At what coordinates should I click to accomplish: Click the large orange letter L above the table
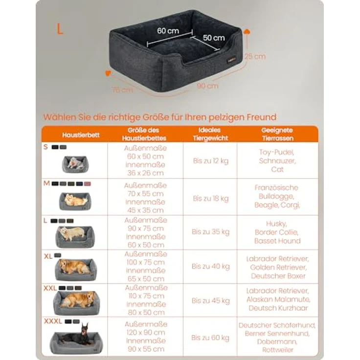[x=60, y=29]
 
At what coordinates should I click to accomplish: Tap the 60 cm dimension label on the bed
[x=168, y=31]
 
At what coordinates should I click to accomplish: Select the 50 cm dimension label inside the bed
[x=214, y=38]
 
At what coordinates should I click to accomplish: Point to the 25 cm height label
[x=255, y=56]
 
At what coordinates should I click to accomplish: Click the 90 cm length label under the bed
[x=207, y=86]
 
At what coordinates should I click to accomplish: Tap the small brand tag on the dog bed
[x=231, y=61]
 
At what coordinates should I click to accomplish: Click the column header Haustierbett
[x=81, y=135]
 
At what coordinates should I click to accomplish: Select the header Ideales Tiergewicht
[x=210, y=134]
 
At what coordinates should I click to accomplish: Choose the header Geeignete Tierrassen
[x=277, y=134]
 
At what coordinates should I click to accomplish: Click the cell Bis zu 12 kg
[x=211, y=161]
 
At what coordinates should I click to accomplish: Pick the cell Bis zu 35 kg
[x=210, y=232]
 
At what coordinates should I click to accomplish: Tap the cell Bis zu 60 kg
[x=210, y=337]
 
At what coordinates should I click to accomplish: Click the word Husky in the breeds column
[x=276, y=224]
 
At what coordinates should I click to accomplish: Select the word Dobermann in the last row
[x=277, y=341]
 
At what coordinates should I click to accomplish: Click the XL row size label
[x=48, y=256]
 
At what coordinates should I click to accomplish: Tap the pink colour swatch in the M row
[x=88, y=184]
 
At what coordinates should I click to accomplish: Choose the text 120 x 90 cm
[x=146, y=333]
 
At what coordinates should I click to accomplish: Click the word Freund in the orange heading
[x=262, y=117]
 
